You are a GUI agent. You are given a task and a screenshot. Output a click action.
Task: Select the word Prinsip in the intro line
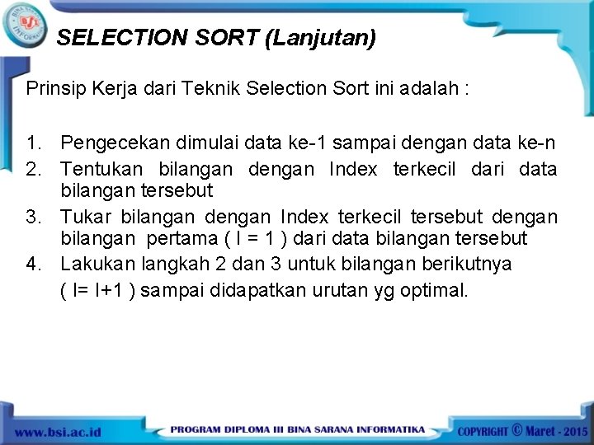pos(54,87)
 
